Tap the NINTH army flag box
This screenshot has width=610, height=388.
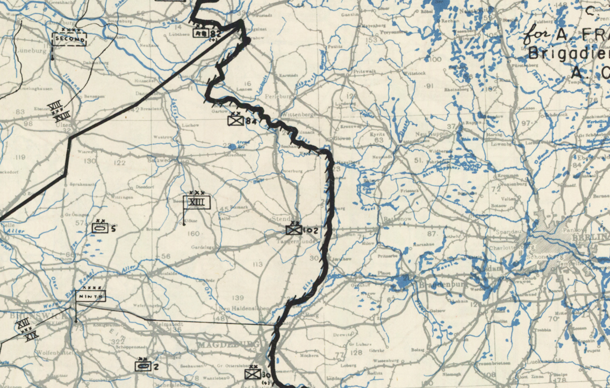tap(90, 296)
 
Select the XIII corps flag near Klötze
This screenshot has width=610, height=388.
tap(197, 202)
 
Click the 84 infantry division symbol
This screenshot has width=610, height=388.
tap(235, 120)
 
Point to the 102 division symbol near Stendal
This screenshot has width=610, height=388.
tap(293, 230)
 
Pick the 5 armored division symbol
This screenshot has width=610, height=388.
tap(100, 228)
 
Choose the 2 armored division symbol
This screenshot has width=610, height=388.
tap(142, 366)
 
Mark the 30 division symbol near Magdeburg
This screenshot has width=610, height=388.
tap(252, 374)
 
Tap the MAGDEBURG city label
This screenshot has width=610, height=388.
tap(228, 345)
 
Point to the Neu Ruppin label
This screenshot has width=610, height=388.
tap(430, 134)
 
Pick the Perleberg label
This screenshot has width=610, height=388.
tap(279, 96)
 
